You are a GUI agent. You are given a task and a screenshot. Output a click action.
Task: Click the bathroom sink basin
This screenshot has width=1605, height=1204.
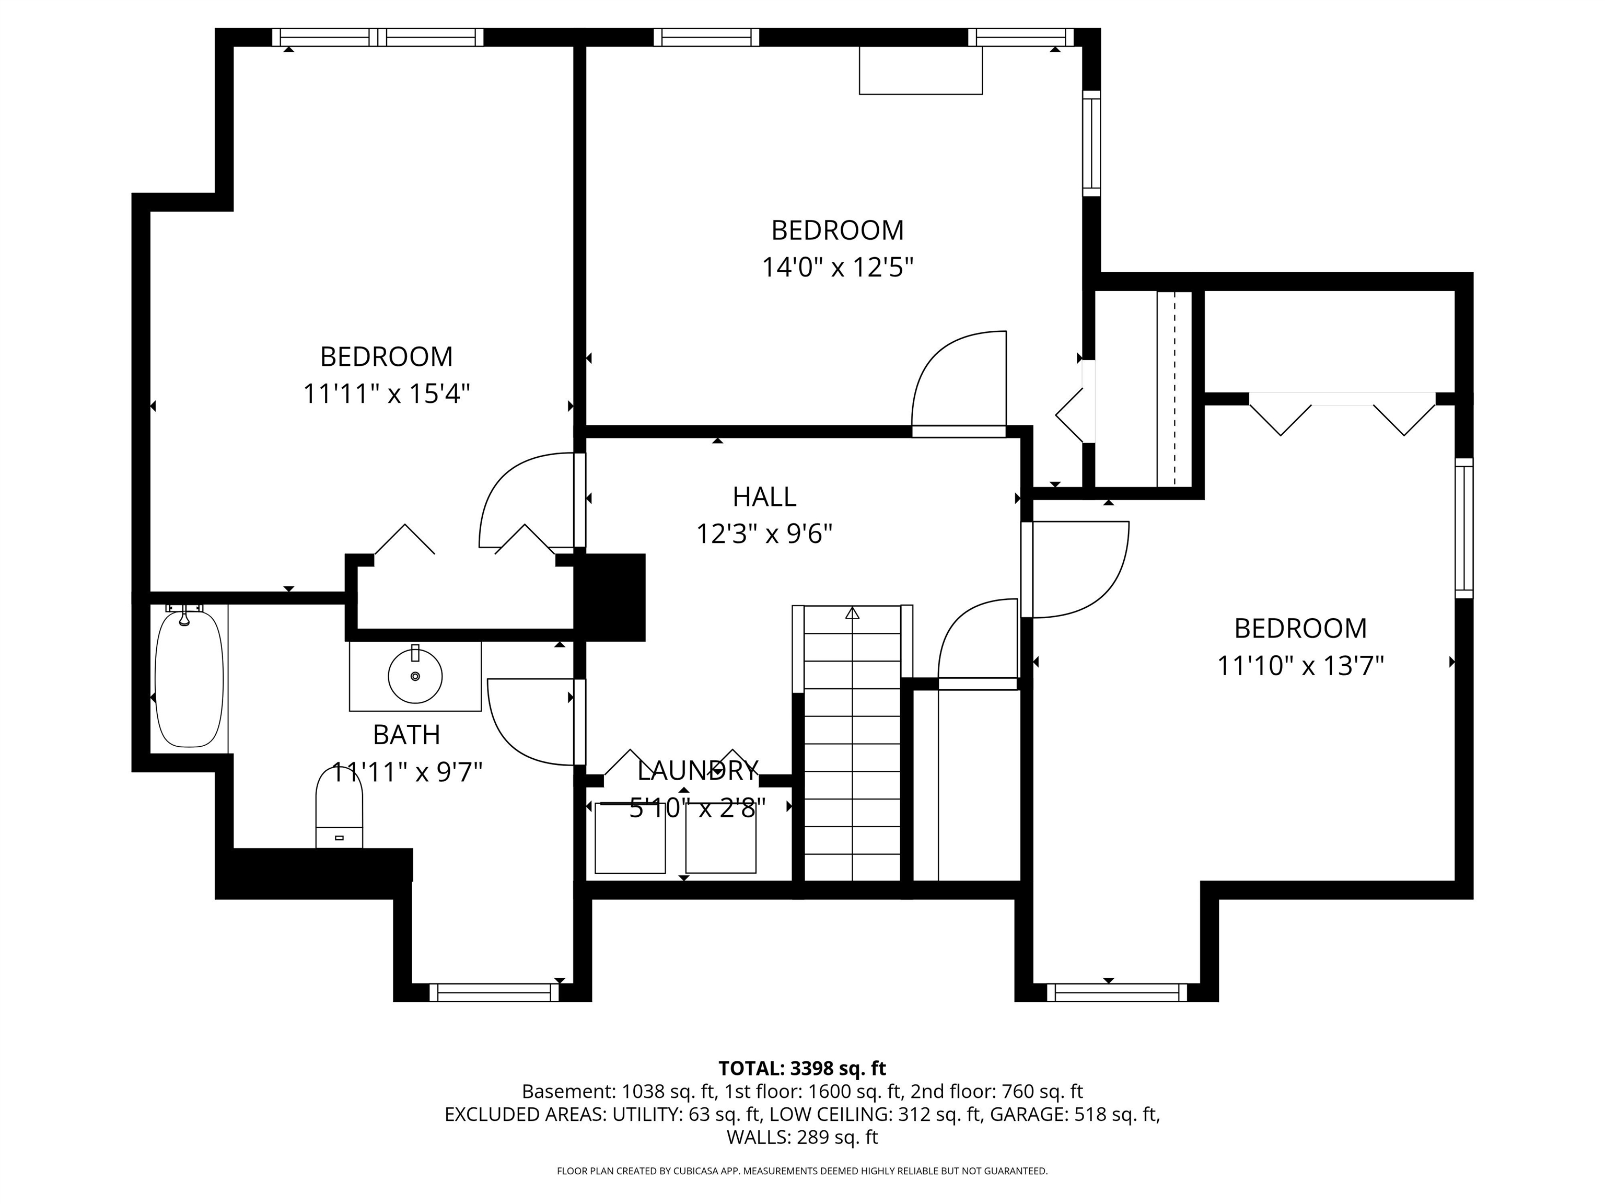tap(415, 676)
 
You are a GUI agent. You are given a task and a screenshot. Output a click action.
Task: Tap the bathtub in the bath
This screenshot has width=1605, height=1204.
tap(189, 679)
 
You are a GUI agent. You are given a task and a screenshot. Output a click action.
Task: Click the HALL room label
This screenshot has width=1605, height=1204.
tap(764, 497)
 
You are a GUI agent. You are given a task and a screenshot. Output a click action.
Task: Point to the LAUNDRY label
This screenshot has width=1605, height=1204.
tap(698, 770)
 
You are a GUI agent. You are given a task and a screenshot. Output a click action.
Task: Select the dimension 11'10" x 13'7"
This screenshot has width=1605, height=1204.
tap(1300, 666)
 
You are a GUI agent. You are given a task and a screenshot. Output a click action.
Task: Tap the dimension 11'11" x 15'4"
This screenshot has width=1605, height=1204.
tap(386, 394)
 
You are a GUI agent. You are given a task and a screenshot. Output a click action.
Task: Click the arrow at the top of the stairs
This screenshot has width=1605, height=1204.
tap(852, 613)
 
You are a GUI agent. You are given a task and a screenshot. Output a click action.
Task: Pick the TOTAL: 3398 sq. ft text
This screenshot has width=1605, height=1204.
tap(802, 1068)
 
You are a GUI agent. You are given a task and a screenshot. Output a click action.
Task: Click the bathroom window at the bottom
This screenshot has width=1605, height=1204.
tap(494, 992)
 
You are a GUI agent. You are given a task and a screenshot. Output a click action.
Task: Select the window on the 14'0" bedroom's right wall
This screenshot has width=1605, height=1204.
tap(1091, 143)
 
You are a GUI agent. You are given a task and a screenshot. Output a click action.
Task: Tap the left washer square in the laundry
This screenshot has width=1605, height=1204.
tap(630, 838)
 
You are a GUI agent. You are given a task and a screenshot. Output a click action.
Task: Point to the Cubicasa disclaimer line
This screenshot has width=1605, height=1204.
tap(802, 1171)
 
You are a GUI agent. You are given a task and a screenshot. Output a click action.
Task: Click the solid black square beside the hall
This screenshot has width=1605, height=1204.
tap(610, 597)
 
